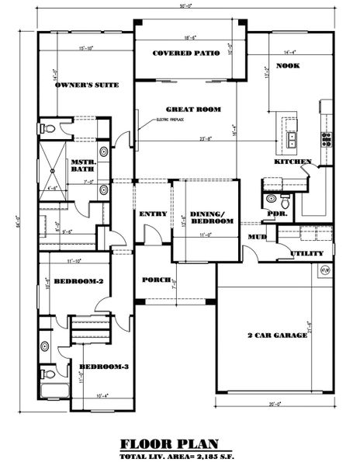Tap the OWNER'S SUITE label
click(x=86, y=85)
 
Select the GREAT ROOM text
click(x=190, y=110)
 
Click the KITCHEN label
click(x=292, y=162)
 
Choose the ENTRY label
click(x=150, y=214)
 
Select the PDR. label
click(x=273, y=213)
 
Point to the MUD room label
click(x=256, y=235)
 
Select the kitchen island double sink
click(x=292, y=141)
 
